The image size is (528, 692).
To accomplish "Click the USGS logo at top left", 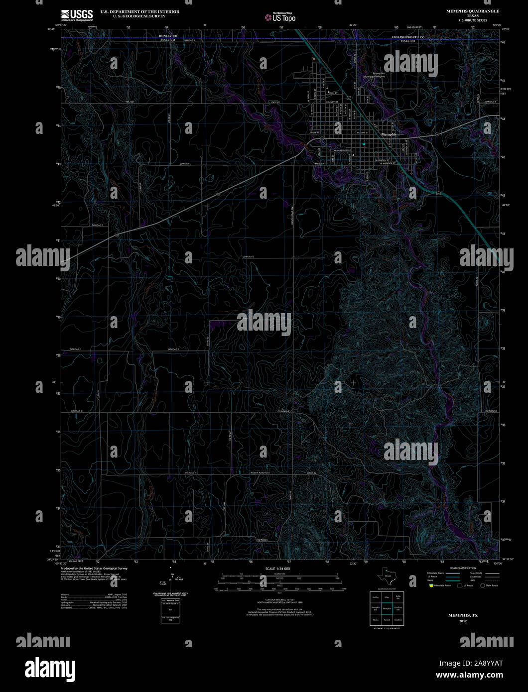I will pos(76,15).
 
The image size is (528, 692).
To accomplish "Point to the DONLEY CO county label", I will pos(168,36).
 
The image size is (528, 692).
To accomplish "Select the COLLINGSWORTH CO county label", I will pos(408,37).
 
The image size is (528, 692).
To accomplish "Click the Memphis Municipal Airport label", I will pos(375,75).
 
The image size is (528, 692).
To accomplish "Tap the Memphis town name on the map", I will pos(389,134).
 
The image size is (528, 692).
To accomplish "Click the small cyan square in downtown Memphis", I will pos(364,144).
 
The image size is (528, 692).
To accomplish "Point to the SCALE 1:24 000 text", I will pos(277,569).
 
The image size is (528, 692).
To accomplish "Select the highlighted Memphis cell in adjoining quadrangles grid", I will pos(387,608).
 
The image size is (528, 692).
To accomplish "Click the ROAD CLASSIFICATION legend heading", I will pos(464,568).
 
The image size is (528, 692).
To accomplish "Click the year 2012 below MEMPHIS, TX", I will pos(463,621).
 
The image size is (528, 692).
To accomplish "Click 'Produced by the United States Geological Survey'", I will pos(94,568).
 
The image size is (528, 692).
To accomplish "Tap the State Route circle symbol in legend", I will pos(482,585).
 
